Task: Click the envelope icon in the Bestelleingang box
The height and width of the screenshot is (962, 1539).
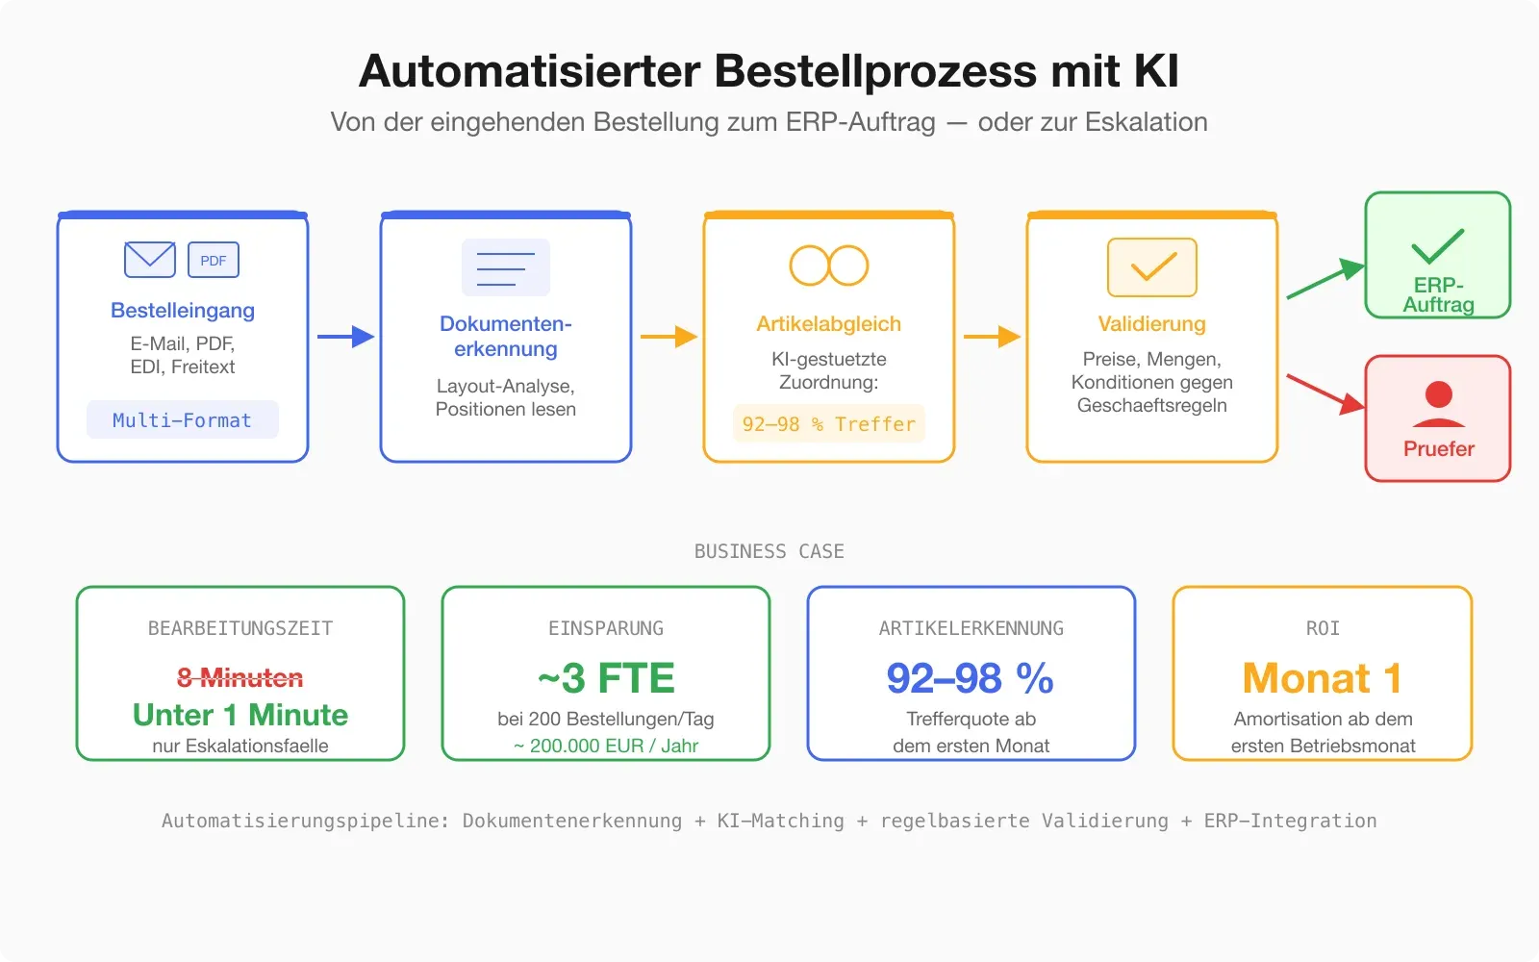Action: [x=149, y=260]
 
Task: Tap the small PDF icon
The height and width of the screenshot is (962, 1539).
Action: [x=214, y=260]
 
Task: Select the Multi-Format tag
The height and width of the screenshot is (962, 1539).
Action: [x=183, y=420]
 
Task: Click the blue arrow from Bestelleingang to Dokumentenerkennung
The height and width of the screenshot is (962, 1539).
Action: [x=345, y=337]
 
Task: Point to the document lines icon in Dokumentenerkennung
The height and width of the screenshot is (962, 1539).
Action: [x=506, y=267]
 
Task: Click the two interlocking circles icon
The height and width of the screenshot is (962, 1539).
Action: [x=829, y=266]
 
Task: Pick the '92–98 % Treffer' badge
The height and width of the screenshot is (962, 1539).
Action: [x=829, y=424]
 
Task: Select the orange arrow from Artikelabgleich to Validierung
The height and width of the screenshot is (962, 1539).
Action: [x=992, y=337]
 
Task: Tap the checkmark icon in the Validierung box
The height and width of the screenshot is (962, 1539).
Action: [x=1152, y=267]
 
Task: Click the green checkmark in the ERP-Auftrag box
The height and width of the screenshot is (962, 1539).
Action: [x=1438, y=246]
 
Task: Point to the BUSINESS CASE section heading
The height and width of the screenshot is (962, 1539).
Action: [x=769, y=551]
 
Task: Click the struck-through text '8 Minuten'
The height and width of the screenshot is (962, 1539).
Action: [x=240, y=678]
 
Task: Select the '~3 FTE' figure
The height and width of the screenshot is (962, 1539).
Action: [x=606, y=678]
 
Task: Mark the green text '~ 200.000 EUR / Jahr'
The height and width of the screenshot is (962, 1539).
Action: [x=606, y=746]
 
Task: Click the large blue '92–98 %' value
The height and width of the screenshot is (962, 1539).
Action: [x=971, y=678]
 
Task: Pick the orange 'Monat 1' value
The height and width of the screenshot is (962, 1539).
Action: [x=1323, y=678]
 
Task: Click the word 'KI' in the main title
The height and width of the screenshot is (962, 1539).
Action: [x=1155, y=71]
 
